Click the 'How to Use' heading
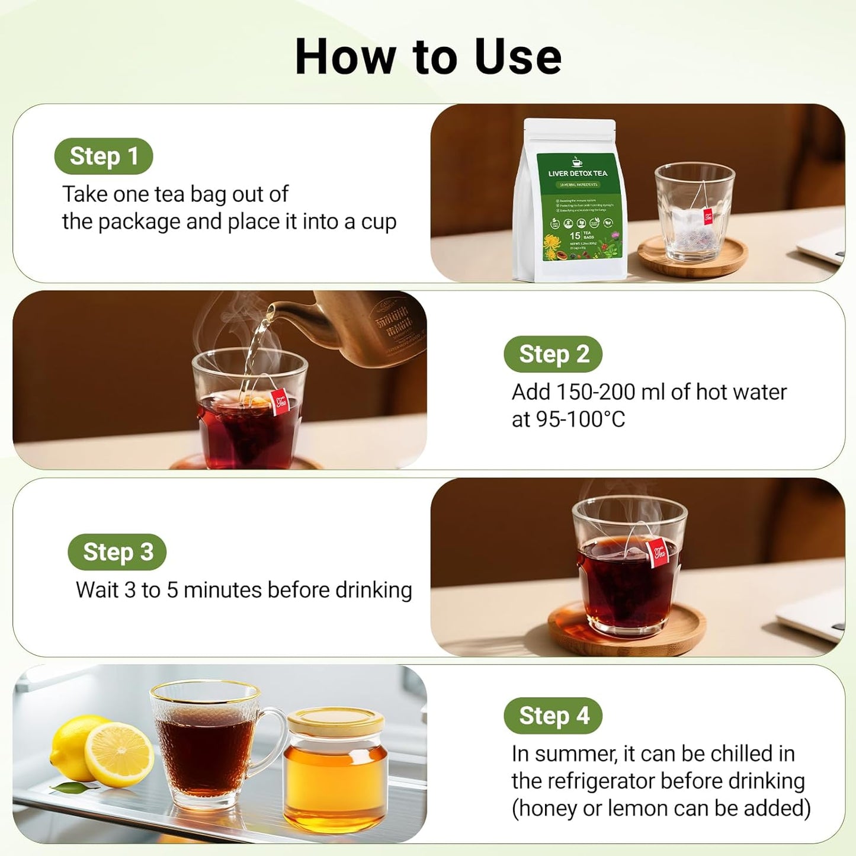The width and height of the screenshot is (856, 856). coord(428,57)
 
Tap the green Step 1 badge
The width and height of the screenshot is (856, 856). coord(104,156)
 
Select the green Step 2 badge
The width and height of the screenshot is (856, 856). coord(553,354)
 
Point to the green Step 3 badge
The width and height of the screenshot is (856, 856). coord(117,552)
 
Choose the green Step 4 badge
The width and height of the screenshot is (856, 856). coord(553,716)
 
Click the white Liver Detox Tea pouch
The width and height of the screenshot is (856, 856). coord(570,201)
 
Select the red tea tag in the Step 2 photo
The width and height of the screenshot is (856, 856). coord(280,403)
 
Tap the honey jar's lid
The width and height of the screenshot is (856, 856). coord(335,722)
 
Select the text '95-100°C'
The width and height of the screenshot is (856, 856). coord(568,419)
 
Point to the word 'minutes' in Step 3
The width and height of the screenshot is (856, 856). coord(223,590)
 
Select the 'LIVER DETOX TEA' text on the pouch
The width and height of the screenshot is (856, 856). coord(578,174)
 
